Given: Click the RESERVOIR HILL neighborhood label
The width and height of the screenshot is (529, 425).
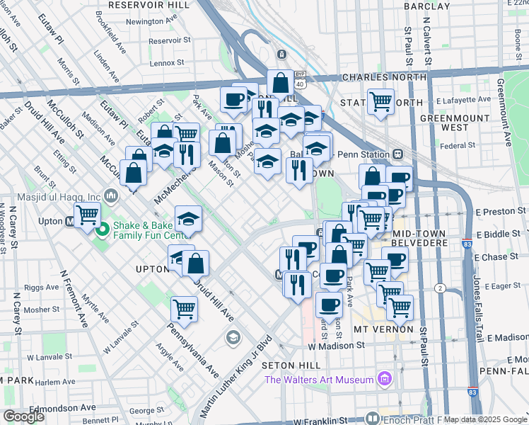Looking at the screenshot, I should [x=149, y=4].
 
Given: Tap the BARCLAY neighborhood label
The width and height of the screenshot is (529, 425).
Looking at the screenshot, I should [x=427, y=6].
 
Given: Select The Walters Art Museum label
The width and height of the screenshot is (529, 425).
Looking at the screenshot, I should [x=318, y=380].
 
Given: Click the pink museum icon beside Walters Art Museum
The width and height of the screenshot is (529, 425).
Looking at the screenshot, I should [x=385, y=380].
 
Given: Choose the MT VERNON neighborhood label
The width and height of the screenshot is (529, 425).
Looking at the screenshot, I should [x=383, y=329].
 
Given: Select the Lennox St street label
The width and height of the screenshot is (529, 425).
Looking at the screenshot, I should [x=167, y=62].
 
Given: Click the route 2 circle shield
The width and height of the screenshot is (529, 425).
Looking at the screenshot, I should [x=440, y=288].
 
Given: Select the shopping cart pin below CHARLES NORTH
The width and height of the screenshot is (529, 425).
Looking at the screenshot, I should [x=380, y=101].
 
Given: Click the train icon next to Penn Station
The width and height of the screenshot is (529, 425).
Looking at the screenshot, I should [x=398, y=154].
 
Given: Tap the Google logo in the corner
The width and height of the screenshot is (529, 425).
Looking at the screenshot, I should [x=24, y=416].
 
